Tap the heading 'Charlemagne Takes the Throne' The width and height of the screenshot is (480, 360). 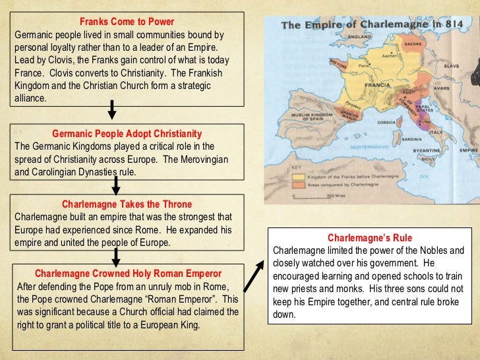pyautogui.click(x=127, y=204)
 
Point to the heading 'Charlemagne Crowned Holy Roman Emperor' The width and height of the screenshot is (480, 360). pyautogui.click(x=128, y=273)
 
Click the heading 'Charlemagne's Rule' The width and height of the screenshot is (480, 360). pyautogui.click(x=370, y=238)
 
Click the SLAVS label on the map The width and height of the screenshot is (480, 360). pyautogui.click(x=451, y=66)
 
